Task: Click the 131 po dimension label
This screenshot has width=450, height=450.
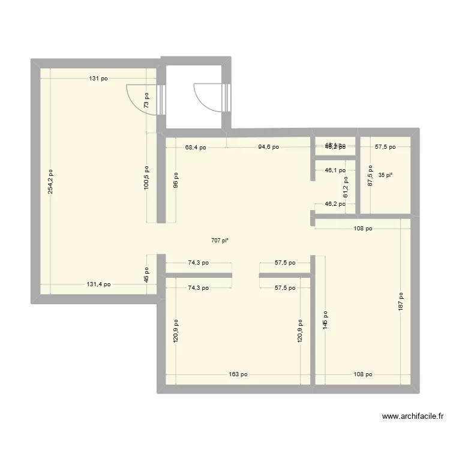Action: point(100,79)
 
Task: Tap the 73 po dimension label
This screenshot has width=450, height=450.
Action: point(146,99)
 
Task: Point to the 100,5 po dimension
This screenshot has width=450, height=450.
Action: point(146,178)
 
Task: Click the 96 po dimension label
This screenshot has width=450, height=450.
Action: point(176,181)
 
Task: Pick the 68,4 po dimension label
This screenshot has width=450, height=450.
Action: point(196,147)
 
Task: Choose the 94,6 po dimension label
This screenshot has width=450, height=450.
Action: point(268,147)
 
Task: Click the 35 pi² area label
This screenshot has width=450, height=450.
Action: point(385,175)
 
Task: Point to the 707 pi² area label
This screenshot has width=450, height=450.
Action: point(220,241)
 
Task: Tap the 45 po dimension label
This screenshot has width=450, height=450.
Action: point(146,275)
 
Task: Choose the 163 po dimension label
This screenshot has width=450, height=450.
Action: point(238,374)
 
